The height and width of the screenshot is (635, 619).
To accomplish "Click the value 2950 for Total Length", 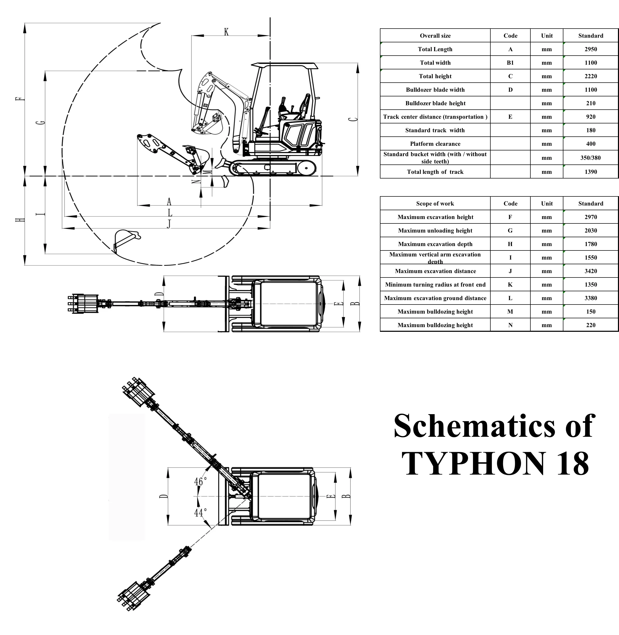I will (590, 49).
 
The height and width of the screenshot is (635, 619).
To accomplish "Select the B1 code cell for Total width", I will (510, 63).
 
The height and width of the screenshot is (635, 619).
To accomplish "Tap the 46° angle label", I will (200, 481).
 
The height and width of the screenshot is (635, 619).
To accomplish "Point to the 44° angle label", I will (200, 512).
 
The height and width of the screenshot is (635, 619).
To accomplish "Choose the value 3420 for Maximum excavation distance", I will (590, 271).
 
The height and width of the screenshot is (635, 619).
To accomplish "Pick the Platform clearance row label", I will (435, 144).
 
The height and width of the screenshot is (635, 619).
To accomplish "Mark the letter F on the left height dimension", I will (20, 99).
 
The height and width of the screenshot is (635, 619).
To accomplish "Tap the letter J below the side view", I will (169, 224).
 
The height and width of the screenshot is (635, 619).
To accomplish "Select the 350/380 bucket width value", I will (590, 158).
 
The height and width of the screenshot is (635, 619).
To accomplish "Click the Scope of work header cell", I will (435, 203).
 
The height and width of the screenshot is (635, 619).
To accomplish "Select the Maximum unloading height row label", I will (435, 230).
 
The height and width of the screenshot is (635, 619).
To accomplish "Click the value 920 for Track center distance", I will (590, 117).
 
